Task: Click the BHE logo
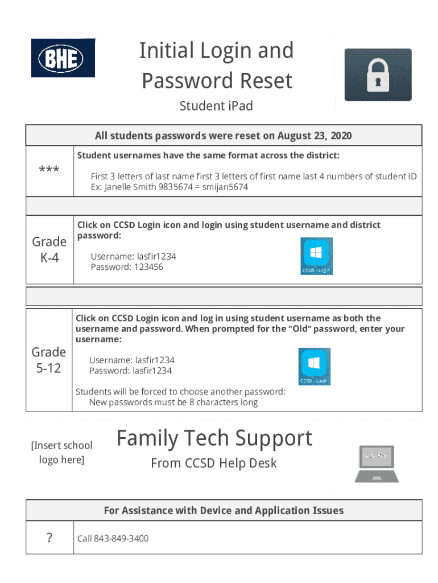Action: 63,58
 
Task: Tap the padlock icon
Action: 378,75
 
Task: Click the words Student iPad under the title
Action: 216,106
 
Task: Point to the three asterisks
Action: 49,170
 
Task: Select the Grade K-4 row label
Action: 49,249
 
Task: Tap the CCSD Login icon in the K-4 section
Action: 316,256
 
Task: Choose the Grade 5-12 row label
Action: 49,360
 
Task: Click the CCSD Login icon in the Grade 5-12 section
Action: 315,366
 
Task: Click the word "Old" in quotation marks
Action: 297,329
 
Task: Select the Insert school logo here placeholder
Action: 61,452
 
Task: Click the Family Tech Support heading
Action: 214,438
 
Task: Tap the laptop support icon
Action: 376,464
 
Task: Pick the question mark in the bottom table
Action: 49,537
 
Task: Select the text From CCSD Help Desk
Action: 214,463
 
